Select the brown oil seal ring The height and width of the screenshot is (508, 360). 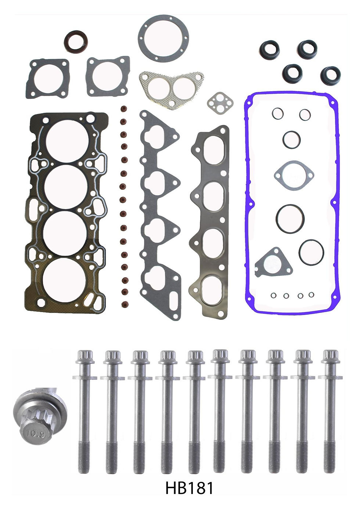click(x=76, y=42)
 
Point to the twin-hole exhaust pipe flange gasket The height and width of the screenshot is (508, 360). click(x=171, y=90)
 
